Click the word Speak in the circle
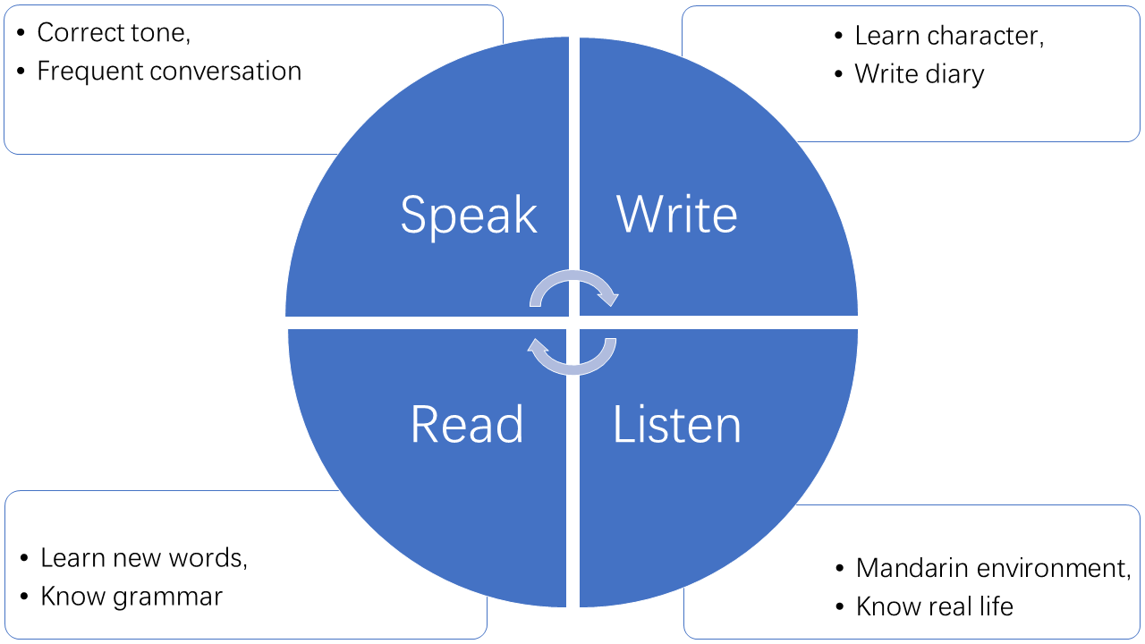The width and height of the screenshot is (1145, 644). click(x=469, y=216)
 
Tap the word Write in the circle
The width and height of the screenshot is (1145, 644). click(x=677, y=215)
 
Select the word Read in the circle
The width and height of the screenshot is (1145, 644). click(x=467, y=424)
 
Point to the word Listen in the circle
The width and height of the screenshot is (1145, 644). click(x=677, y=424)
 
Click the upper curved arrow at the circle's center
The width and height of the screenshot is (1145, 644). click(x=572, y=284)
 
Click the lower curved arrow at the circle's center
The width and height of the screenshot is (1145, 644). click(x=572, y=356)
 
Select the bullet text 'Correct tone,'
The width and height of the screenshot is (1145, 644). click(x=114, y=33)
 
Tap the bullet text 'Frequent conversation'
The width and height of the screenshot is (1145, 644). click(x=169, y=72)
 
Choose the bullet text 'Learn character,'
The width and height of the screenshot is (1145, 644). click(x=949, y=36)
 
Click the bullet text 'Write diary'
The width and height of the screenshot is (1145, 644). click(x=919, y=74)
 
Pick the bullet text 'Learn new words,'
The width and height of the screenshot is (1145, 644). click(x=144, y=558)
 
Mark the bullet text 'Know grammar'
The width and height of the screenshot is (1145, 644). click(x=131, y=597)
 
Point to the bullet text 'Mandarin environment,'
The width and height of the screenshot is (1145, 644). click(x=993, y=568)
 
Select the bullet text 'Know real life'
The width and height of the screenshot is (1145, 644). click(x=934, y=606)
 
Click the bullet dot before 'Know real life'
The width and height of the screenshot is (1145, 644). click(x=839, y=607)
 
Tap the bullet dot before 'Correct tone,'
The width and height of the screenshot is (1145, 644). click(x=21, y=34)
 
